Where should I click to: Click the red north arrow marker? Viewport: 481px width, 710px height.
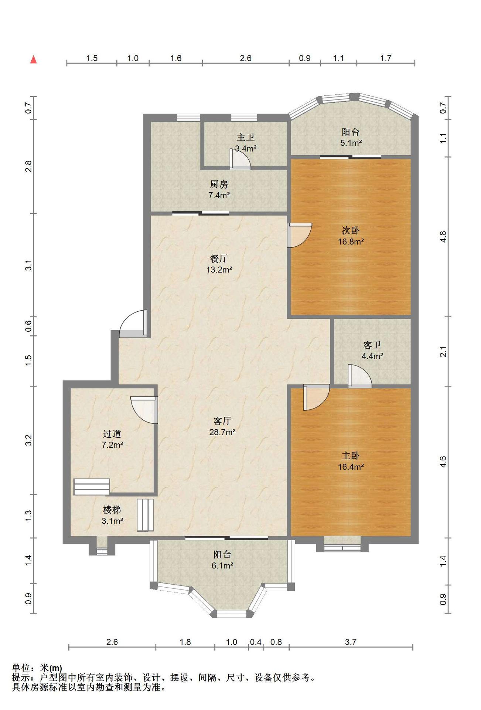click(34, 59)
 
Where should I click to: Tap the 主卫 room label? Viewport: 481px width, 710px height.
click(246, 138)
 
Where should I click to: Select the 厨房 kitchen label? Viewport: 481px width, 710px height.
click(219, 184)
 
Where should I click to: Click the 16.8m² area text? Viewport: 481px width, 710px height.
click(351, 242)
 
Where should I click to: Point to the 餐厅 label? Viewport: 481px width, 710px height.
click(219, 258)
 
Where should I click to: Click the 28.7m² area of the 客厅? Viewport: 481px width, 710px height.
click(222, 432)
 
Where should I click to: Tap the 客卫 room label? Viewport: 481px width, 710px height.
click(372, 345)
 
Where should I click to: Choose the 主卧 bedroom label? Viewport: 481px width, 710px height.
click(351, 456)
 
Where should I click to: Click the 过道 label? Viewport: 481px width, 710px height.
click(112, 434)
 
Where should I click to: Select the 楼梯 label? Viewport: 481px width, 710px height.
click(112, 510)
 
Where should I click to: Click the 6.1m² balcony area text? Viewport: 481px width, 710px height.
click(222, 565)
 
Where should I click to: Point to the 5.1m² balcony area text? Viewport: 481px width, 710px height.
click(351, 143)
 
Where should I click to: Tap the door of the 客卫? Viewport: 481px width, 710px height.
click(359, 376)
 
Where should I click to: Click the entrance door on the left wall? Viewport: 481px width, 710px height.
click(133, 324)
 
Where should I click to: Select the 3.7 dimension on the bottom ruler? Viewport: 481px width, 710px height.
click(351, 642)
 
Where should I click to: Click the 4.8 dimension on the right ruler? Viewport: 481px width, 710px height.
click(443, 237)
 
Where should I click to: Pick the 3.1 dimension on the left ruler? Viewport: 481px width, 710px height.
click(29, 266)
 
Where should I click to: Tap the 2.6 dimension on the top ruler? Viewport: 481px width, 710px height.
click(246, 58)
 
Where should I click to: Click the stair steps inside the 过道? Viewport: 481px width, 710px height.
click(92, 487)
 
